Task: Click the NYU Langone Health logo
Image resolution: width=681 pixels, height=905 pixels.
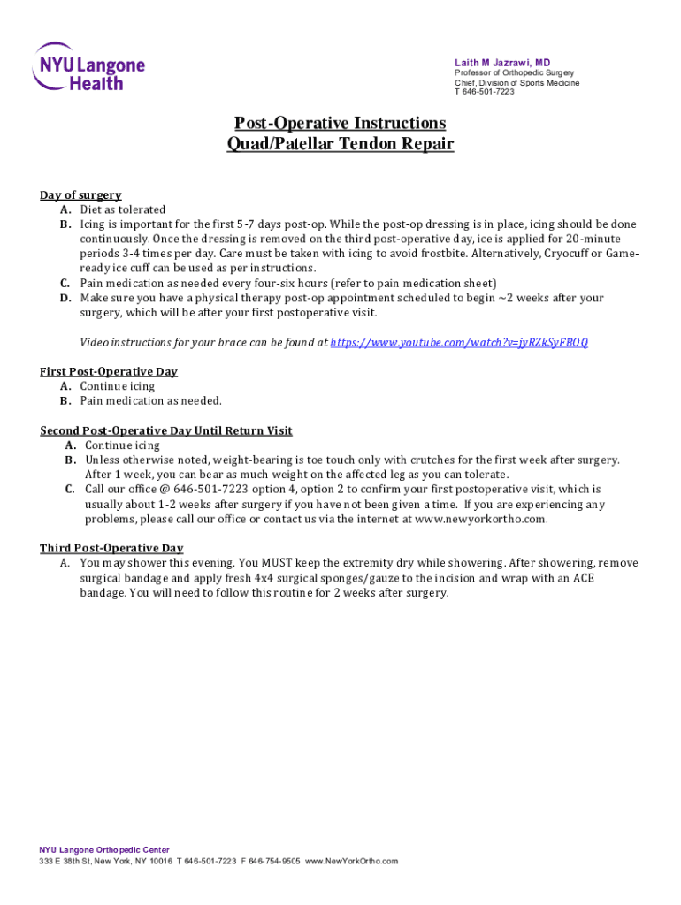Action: click(88, 66)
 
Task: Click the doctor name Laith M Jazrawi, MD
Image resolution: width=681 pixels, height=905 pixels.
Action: click(502, 62)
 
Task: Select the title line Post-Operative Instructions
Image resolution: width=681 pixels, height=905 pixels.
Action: click(340, 123)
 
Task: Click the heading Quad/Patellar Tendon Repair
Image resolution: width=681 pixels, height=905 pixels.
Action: click(340, 143)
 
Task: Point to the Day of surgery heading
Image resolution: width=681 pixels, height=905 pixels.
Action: click(80, 195)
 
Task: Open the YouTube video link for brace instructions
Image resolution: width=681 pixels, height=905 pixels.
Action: click(459, 342)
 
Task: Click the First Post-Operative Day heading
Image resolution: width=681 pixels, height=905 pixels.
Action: click(109, 371)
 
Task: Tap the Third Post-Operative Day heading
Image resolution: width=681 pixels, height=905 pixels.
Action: click(111, 548)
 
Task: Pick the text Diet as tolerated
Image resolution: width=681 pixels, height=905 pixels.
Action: click(123, 209)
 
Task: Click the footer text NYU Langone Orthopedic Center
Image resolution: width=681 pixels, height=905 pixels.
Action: click(104, 849)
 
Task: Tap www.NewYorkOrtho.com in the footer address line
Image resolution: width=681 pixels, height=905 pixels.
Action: click(352, 861)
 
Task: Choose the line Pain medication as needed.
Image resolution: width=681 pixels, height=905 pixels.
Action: click(151, 400)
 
